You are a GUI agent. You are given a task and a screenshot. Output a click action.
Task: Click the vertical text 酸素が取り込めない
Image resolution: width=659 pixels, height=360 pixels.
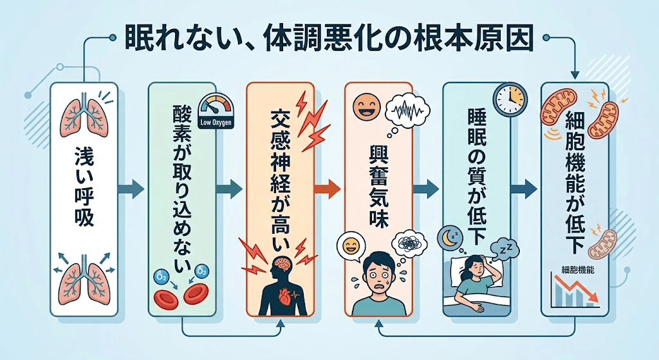click(183, 191)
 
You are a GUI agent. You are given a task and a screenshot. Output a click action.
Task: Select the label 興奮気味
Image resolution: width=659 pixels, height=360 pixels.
click(379, 188)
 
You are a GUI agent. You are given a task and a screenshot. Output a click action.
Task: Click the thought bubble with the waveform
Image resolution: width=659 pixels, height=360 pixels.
click(407, 111)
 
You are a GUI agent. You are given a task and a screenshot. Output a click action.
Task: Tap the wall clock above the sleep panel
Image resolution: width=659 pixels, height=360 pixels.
click(510, 99)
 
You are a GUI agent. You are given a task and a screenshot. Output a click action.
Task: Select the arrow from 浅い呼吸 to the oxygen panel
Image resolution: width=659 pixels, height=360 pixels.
click(131, 189)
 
